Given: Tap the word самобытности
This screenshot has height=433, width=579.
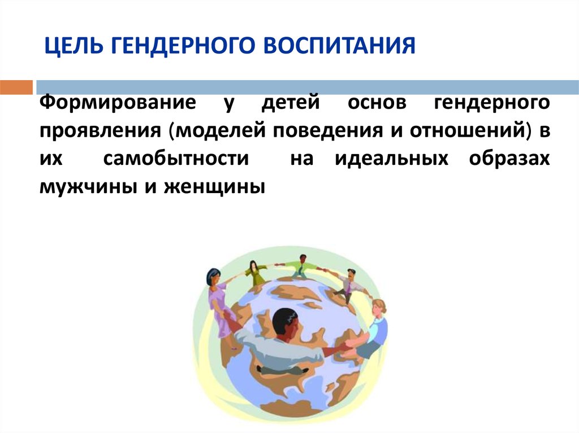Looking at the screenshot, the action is click(176, 159).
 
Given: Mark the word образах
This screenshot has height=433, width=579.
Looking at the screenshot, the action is click(509, 159).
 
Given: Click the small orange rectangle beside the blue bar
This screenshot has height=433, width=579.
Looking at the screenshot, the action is click(16, 88).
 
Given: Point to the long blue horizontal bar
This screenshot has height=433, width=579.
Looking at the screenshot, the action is click(307, 88).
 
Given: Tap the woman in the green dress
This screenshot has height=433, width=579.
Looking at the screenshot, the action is click(254, 273).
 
